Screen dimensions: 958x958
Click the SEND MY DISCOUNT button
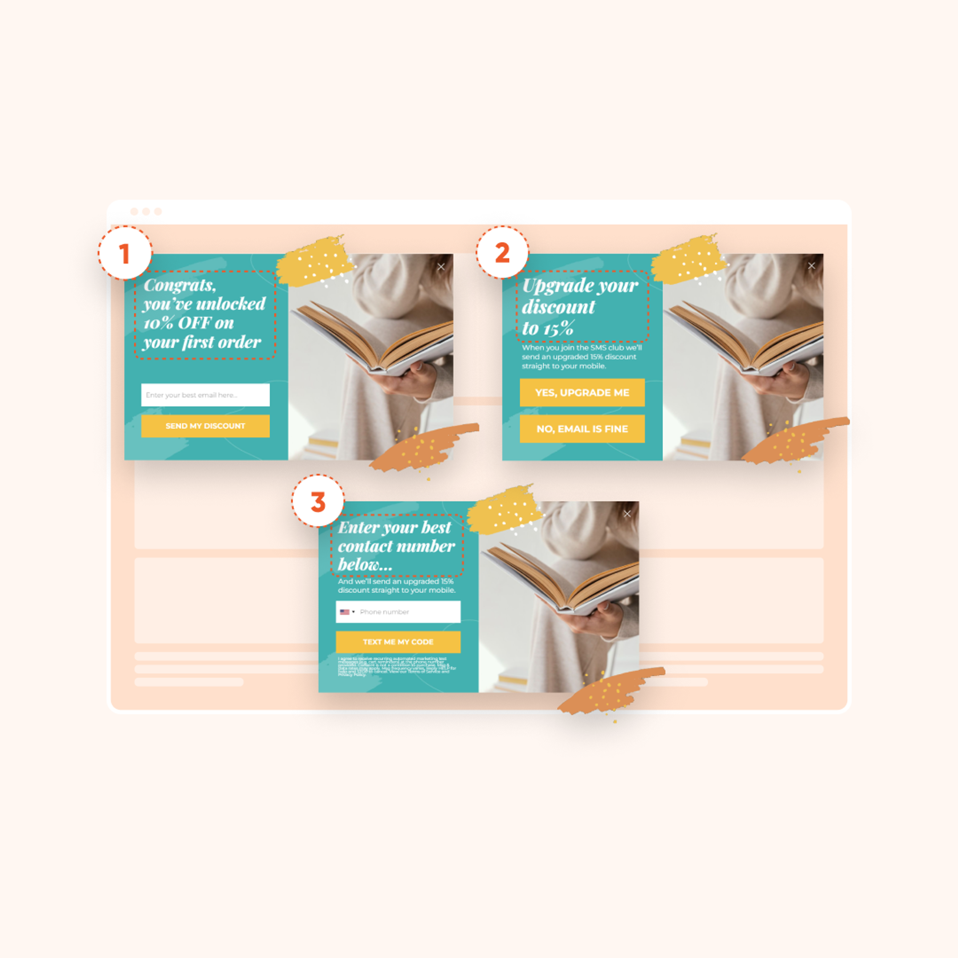(205, 426)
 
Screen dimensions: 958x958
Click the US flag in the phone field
(344, 612)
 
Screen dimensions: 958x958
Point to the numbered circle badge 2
(502, 252)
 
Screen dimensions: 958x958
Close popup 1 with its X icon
(441, 267)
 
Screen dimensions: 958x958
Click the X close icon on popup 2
(811, 266)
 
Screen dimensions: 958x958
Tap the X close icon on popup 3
(627, 514)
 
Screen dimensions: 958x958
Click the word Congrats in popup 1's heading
(180, 285)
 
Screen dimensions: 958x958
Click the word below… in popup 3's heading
(365, 564)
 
